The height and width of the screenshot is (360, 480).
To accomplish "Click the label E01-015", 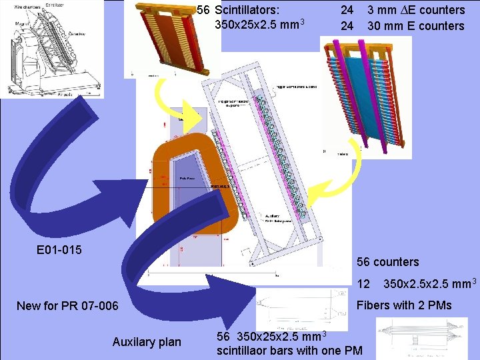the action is [x=59, y=250].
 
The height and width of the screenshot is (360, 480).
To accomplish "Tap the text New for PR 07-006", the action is [x=67, y=306].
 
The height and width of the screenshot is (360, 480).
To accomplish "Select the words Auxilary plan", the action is [x=146, y=342].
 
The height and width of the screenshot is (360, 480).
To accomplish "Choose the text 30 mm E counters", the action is [x=415, y=26].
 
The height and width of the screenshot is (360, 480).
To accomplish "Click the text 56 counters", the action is [x=388, y=262].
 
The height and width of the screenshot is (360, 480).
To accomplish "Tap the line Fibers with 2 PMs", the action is [x=405, y=305].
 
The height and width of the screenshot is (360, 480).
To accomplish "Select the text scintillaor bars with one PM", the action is [x=289, y=351].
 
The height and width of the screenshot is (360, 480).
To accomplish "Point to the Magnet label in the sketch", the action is [x=12, y=29].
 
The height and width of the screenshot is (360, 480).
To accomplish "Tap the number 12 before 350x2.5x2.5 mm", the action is [x=363, y=284].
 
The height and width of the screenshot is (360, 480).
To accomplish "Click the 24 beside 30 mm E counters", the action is [x=347, y=26].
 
